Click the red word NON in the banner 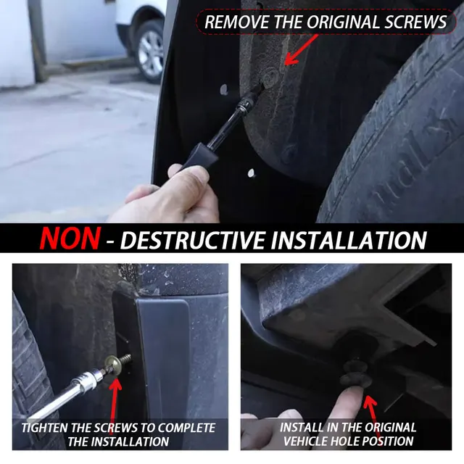(70, 239)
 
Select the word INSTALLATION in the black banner (349, 240)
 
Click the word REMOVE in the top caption (236, 22)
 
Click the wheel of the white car (151, 52)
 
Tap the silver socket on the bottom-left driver (88, 378)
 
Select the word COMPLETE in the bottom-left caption (186, 428)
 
